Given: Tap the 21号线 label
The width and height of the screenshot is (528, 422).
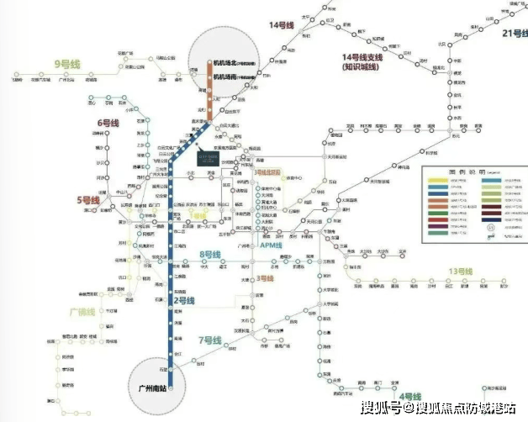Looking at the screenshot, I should pyautogui.click(x=512, y=34).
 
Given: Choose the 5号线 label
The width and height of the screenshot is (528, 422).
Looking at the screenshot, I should pyautogui.click(x=88, y=200).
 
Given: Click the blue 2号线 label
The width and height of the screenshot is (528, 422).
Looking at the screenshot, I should pyautogui.click(x=184, y=300).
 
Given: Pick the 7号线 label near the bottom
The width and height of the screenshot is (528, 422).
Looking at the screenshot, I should pyautogui.click(x=208, y=340).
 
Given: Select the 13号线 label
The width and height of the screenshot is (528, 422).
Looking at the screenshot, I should pyautogui.click(x=461, y=272).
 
